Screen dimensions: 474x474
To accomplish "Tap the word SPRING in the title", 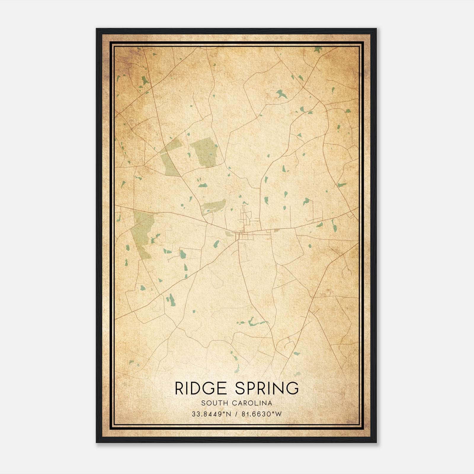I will (267, 388).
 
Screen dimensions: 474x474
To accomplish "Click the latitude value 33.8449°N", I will (211, 414).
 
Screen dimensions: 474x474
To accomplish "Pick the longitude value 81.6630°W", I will (262, 414).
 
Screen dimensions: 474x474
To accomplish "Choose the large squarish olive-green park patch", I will (205, 152).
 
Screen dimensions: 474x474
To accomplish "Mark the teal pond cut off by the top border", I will (318, 49).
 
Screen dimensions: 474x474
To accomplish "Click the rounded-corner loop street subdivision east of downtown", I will (314, 212).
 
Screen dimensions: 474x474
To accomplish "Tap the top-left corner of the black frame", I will (97, 29).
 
